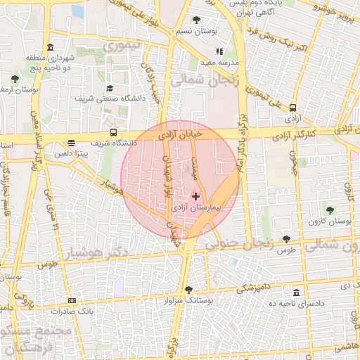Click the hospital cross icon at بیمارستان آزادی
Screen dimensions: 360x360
[x=195, y=196]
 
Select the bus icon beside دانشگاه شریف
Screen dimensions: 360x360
[x=114, y=132]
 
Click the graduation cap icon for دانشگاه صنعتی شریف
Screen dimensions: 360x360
[x=110, y=89]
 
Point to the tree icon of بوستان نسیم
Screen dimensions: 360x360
[x=195, y=20]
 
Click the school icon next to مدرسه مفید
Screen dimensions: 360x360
[x=220, y=51]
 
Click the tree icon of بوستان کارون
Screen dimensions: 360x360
[x=330, y=210]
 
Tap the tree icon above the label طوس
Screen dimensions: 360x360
[x=285, y=239]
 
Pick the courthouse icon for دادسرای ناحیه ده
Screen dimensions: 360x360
[x=296, y=292]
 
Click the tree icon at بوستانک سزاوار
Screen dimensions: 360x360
[x=188, y=289]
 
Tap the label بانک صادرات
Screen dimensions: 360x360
[x=96, y=310]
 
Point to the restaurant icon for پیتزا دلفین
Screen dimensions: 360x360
[x=71, y=143]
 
